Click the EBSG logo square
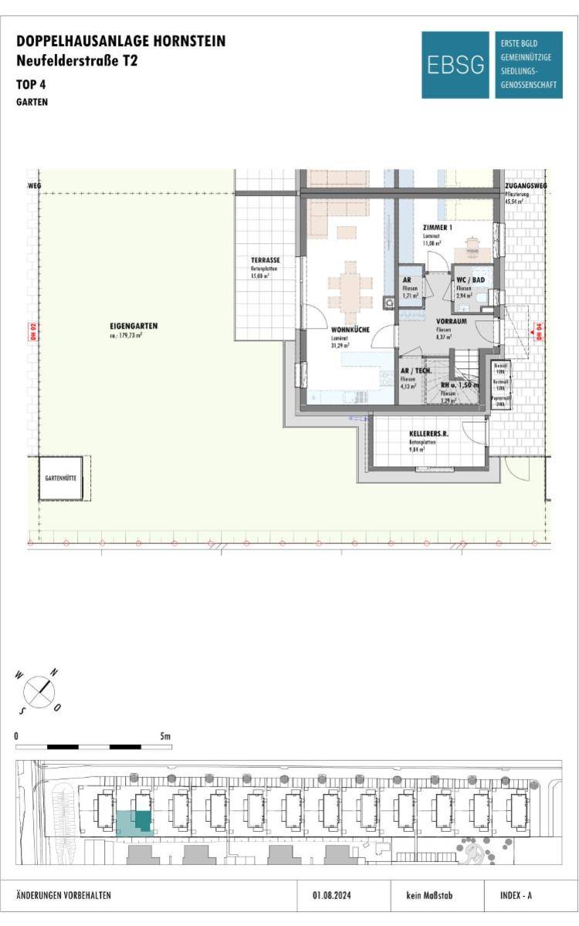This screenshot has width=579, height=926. tap(455, 65)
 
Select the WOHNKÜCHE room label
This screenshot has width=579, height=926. tap(350, 330)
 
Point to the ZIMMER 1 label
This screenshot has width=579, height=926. tap(438, 228)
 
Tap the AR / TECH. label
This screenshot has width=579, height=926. tap(415, 371)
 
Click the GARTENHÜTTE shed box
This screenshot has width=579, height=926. tap(59, 478)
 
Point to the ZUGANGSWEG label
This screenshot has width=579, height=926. tap(521, 187)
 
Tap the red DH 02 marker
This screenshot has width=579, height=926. tap(33, 332)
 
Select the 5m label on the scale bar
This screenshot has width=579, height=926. tap(165, 736)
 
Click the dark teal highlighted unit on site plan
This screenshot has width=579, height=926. tap(142, 820)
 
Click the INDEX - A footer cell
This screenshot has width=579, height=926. tap(511, 896)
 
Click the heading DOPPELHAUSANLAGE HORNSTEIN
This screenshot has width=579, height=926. tap(121, 42)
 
